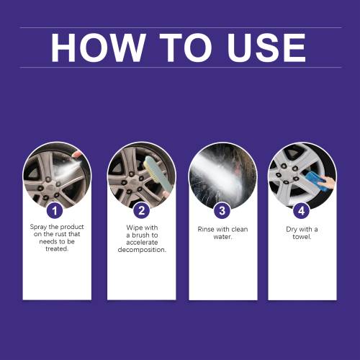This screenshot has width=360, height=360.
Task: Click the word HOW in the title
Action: click(x=98, y=48)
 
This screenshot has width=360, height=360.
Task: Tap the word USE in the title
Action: click(x=266, y=48)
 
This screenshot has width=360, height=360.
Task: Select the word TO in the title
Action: click(x=186, y=48)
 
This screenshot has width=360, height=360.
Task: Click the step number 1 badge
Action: click(x=55, y=211)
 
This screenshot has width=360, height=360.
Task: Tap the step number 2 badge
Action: click(x=142, y=211)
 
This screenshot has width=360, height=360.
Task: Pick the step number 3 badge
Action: click(x=222, y=211)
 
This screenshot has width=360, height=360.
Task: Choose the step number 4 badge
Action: click(x=302, y=211)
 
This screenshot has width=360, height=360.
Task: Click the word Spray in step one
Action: click(x=38, y=227)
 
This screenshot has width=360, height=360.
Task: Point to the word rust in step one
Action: click(x=60, y=234)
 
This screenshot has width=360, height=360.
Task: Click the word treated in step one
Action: click(x=57, y=249)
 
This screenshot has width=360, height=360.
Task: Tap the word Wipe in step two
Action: click(x=134, y=228)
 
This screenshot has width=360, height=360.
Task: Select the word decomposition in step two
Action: click(x=142, y=250)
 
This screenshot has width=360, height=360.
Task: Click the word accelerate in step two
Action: click(x=142, y=243)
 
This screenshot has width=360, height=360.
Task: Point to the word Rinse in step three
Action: click(x=205, y=229)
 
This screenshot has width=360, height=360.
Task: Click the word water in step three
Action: click(x=222, y=237)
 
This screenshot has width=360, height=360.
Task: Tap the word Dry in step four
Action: click(x=292, y=230)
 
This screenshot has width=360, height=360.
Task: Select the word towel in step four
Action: click(x=302, y=237)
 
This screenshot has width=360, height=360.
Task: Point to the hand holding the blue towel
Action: click(x=329, y=182)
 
